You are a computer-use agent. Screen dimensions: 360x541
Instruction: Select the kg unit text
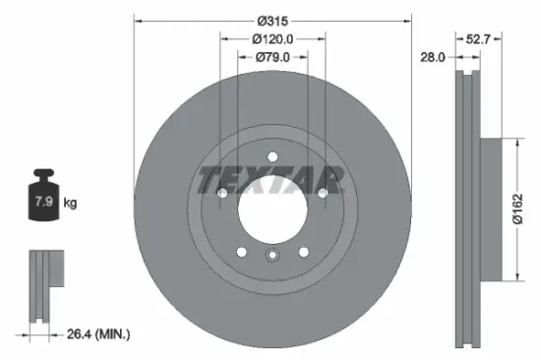[x=70, y=204]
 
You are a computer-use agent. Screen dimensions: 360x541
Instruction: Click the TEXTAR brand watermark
[x=271, y=180]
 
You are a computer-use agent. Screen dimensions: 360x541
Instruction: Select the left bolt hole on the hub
[x=222, y=194]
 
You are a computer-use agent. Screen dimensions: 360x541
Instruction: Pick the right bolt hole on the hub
[x=321, y=193]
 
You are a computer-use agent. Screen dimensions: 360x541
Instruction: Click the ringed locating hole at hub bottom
[x=272, y=257]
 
